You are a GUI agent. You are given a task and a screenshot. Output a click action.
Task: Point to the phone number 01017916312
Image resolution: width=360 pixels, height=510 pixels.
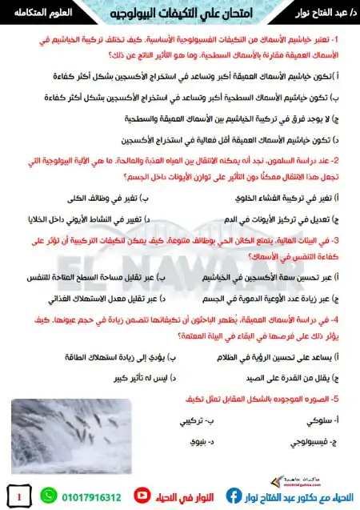pyautogui.click(x=93, y=497)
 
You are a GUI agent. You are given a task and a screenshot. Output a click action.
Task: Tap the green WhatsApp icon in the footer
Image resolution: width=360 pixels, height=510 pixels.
pyautogui.click(x=48, y=496)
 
